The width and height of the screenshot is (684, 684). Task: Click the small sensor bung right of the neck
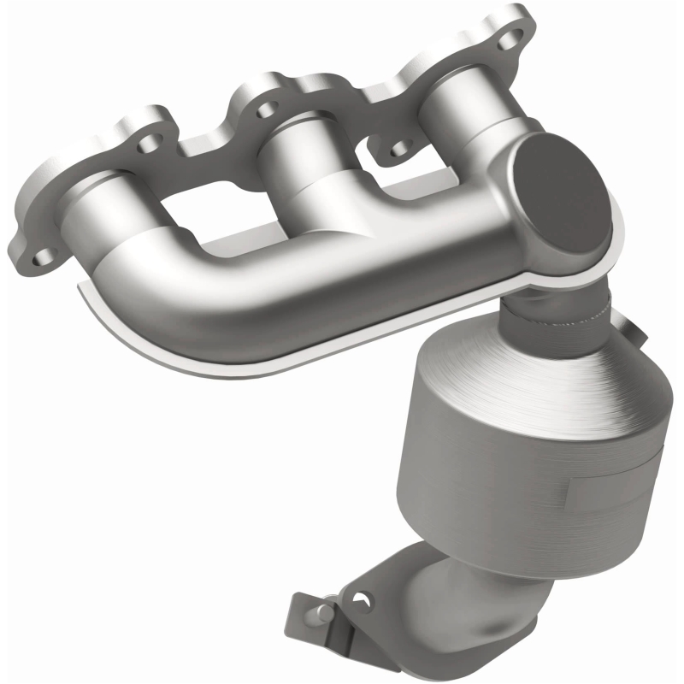click(628, 329)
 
